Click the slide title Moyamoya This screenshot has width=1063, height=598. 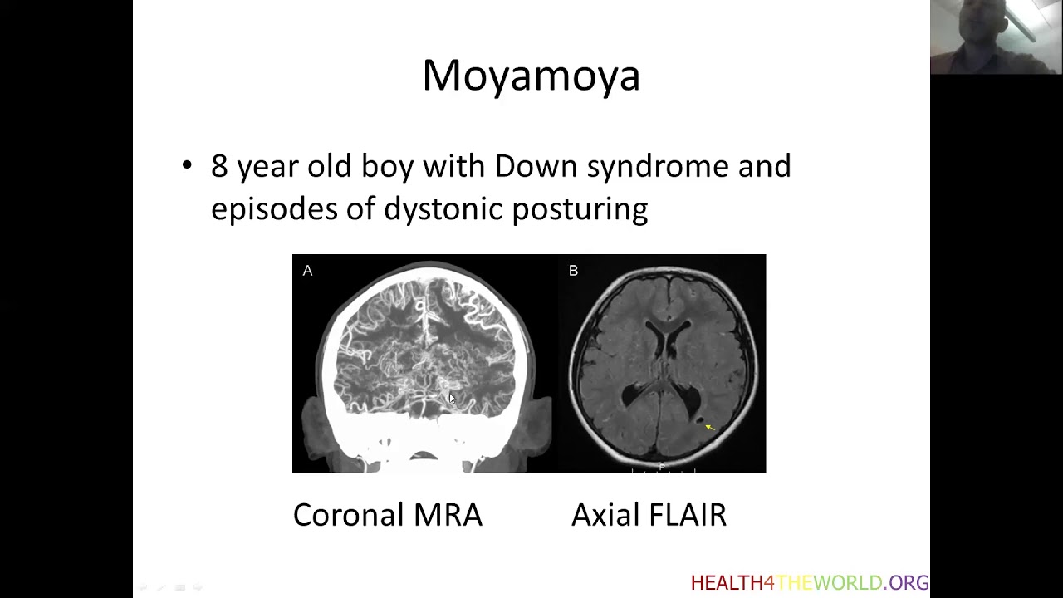(531, 76)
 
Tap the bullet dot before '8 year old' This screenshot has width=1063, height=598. (187, 165)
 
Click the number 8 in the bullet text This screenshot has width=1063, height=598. (218, 166)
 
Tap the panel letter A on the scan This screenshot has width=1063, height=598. (307, 271)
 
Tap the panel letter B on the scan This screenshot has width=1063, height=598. (573, 271)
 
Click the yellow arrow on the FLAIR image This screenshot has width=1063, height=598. (709, 427)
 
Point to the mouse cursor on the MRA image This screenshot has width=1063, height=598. (452, 399)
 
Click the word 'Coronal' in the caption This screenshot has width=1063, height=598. (347, 515)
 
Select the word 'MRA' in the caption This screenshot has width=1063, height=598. (448, 515)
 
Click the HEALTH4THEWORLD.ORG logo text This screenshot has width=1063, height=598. (810, 583)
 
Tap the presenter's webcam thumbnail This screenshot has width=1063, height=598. (996, 37)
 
